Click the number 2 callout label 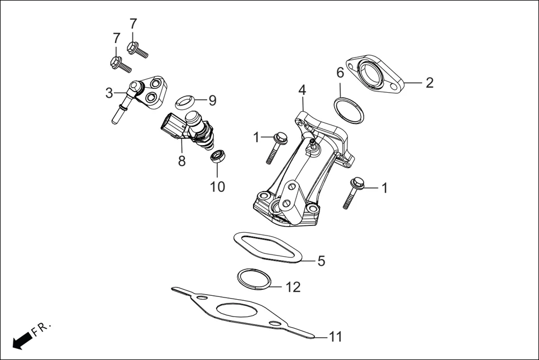pos(429,83)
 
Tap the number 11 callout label pos(335,337)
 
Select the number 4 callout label pos(302,90)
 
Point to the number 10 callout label pos(217,186)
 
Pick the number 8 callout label pos(182,161)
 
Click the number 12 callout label pos(293,287)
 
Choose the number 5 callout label pos(321,261)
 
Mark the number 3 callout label pos(109,93)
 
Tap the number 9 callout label pos(212,100)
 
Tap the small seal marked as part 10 pos(217,155)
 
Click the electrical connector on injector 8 pos(171,125)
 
